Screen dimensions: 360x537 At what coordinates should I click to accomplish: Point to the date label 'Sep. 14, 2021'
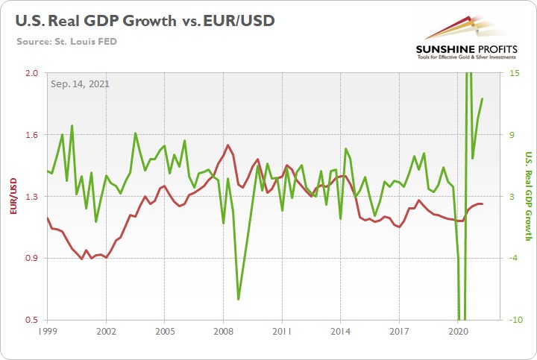tap(80, 83)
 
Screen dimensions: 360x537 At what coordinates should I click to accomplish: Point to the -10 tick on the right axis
tap(506, 320)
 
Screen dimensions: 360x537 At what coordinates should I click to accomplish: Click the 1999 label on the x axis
tap(47, 330)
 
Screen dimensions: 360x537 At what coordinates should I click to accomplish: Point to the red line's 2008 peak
tap(227, 145)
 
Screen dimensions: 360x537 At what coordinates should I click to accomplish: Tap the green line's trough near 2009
tap(238, 300)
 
